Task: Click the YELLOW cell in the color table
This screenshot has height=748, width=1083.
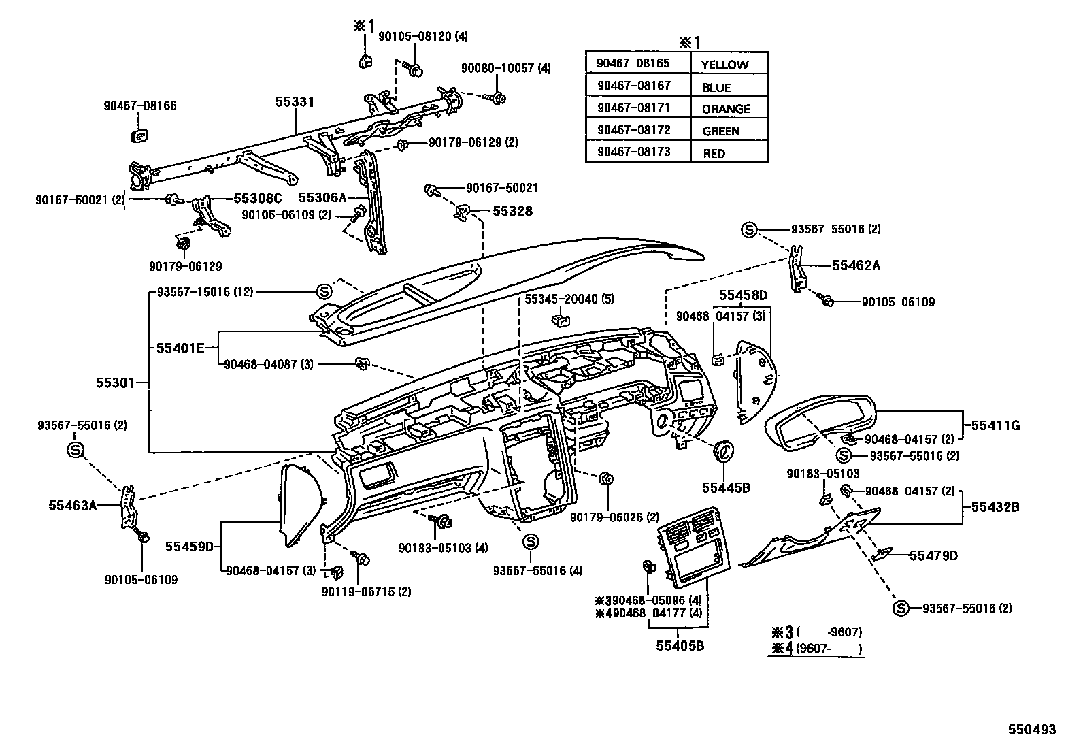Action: [724, 65]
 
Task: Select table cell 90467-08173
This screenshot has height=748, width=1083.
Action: [633, 151]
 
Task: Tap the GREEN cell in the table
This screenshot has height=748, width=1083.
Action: [720, 131]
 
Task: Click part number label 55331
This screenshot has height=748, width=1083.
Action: [295, 102]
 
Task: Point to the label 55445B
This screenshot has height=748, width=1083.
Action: [725, 488]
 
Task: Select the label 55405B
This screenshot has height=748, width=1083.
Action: [680, 645]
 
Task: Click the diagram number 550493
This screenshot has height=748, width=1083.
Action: [1031, 730]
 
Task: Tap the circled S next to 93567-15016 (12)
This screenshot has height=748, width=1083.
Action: [324, 292]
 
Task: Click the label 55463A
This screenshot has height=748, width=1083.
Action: [73, 505]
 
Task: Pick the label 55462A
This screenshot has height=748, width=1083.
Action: [856, 265]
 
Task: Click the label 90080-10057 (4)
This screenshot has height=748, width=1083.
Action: [505, 68]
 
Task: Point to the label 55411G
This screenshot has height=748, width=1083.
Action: [995, 426]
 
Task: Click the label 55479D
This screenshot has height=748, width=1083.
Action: [933, 555]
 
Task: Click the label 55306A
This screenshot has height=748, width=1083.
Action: [322, 197]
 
